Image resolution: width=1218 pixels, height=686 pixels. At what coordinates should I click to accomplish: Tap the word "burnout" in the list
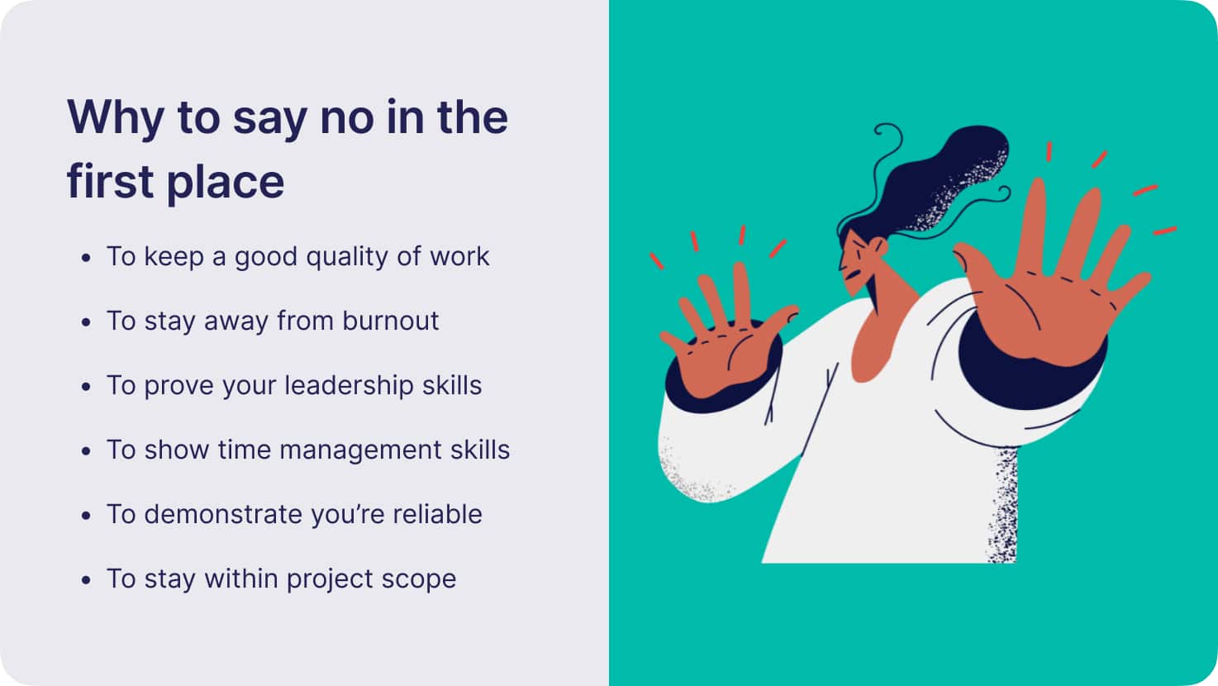coord(390,321)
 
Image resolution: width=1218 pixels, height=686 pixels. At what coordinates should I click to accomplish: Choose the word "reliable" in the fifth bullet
coord(437,514)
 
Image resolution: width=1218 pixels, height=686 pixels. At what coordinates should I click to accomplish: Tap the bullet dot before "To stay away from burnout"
coord(86,322)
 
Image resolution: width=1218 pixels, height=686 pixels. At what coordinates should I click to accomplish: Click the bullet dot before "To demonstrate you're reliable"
coord(86,515)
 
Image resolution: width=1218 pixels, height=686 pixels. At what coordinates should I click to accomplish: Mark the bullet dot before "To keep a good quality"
coord(86,258)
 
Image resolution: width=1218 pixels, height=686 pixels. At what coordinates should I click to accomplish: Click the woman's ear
coord(879,246)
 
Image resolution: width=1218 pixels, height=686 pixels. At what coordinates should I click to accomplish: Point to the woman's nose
coord(842,265)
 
